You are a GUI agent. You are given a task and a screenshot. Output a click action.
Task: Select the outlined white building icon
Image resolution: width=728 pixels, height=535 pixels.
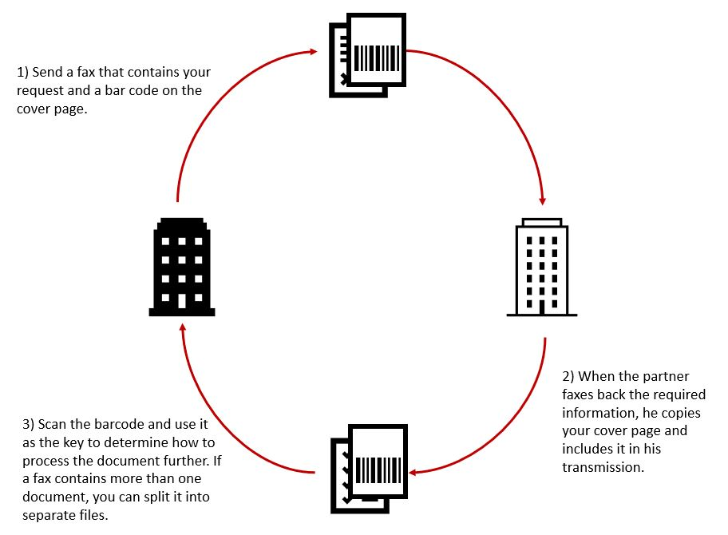tap(541, 267)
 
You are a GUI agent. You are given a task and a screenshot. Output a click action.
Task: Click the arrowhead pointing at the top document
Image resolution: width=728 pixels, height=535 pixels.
tap(314, 52)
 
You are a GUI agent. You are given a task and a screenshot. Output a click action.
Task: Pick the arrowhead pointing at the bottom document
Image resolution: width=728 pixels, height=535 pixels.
tap(415, 471)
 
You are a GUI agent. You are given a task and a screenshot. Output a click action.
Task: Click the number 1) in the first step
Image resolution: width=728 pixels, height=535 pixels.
tap(23, 73)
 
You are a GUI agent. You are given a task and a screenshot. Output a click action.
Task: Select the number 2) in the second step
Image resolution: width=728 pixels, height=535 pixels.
tap(569, 376)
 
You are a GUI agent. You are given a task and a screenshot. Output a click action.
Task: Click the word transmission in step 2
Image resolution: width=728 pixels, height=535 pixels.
tap(603, 467)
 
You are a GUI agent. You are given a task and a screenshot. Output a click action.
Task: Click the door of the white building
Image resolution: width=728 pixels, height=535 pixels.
tap(541, 307)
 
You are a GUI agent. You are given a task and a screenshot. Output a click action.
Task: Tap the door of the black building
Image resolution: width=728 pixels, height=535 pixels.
tap(182, 301)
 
